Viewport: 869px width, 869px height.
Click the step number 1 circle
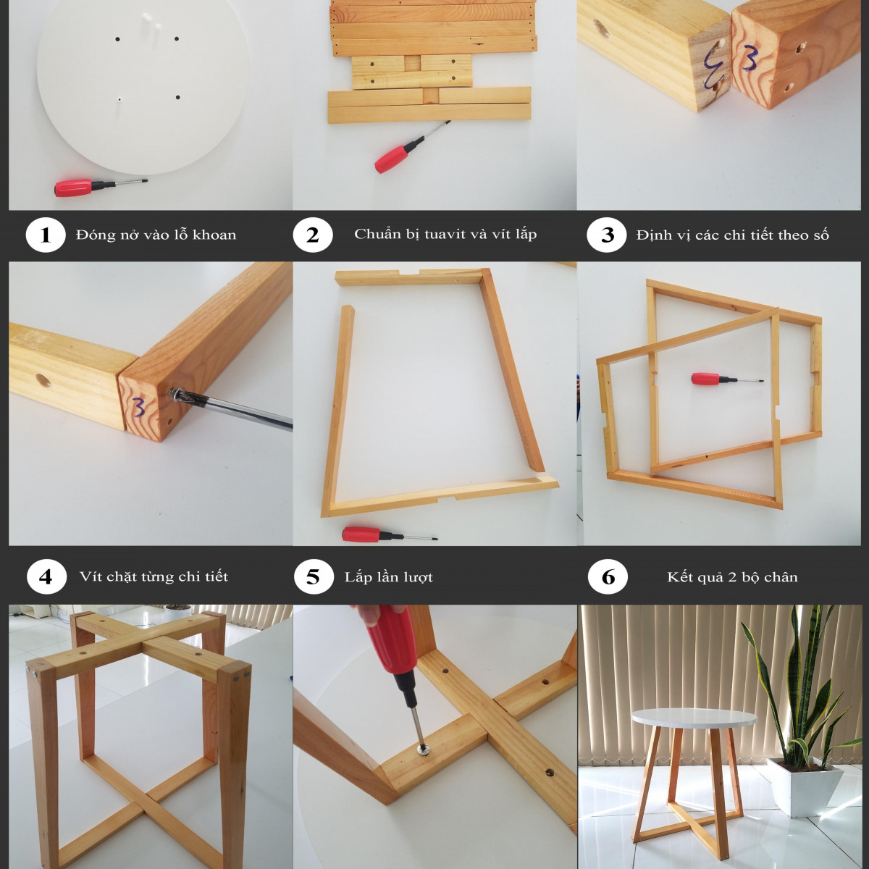[46, 235]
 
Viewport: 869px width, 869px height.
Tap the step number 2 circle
[313, 235]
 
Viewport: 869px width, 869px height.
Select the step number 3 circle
[607, 235]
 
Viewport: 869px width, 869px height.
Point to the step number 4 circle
[46, 576]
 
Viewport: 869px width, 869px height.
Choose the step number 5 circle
[314, 576]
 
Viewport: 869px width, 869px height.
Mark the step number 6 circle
[608, 576]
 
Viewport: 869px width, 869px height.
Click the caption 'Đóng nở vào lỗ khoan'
[156, 235]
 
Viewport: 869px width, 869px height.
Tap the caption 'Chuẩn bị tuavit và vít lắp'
[445, 234]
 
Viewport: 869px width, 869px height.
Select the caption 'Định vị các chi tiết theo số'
[732, 235]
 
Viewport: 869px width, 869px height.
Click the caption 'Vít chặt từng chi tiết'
[154, 576]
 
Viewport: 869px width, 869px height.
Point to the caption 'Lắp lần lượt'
[389, 577]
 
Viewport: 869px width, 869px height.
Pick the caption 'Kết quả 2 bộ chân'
[732, 577]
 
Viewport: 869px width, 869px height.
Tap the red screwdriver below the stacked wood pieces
[411, 147]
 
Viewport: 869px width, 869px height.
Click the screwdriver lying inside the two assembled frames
[727, 379]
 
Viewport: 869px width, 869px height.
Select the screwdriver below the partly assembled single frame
[390, 534]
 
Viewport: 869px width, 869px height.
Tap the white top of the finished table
[693, 718]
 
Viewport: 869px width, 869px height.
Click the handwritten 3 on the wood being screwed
[139, 407]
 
